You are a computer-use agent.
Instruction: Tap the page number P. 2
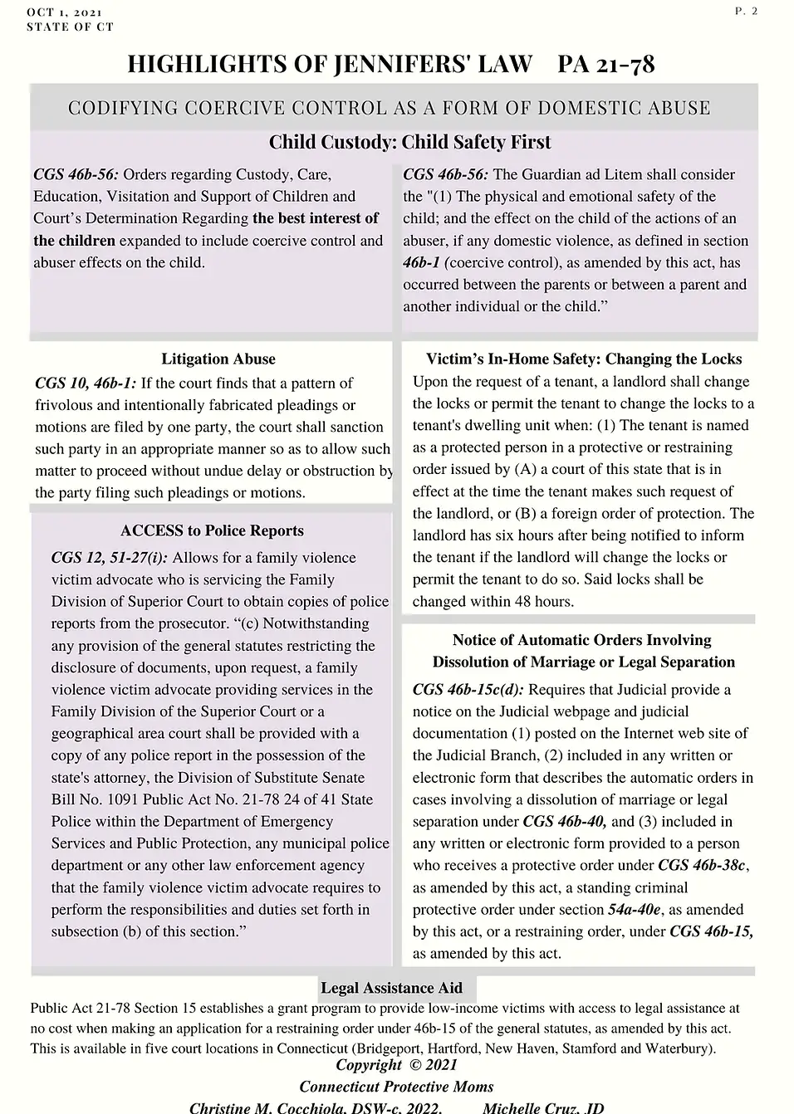[746, 12]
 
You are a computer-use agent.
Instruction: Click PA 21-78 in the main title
[606, 64]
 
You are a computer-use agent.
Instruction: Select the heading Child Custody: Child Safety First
[409, 142]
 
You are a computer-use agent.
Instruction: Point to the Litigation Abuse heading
[218, 359]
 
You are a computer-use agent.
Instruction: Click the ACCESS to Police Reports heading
[212, 530]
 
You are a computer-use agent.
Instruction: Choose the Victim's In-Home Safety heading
[584, 359]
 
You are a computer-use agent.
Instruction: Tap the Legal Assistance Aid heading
[391, 988]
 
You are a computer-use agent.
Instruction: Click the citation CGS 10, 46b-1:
[86, 383]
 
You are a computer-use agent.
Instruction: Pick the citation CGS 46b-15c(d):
[468, 689]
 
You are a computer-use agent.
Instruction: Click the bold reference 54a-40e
[635, 909]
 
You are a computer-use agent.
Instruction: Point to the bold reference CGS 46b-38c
[708, 865]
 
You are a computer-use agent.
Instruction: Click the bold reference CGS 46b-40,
[565, 821]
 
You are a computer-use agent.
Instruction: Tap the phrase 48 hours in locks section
[542, 600]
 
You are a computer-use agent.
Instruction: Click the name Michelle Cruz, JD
[543, 1108]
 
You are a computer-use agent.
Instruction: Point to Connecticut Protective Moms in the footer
[396, 1087]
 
